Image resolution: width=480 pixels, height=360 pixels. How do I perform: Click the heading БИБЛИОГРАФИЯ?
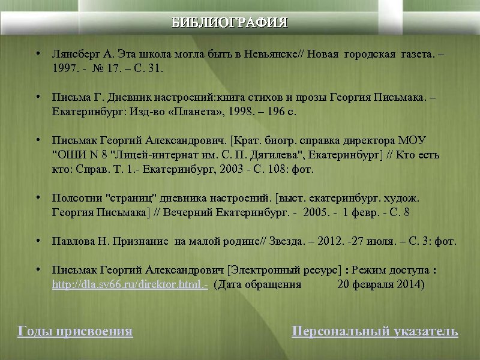(230, 23)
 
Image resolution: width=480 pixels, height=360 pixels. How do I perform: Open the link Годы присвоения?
(76, 331)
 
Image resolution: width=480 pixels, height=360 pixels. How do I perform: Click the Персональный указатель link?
(374, 331)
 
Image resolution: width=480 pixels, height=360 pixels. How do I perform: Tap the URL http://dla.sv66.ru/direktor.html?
(130, 284)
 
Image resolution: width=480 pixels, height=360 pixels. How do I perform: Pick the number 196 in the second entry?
(271, 112)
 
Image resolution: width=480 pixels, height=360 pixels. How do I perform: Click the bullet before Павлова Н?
(38, 241)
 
